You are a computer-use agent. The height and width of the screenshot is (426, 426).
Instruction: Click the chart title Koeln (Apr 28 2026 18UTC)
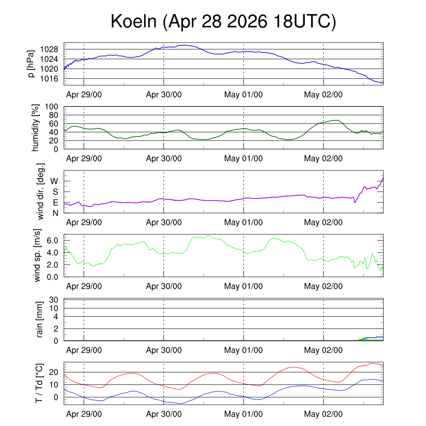tap(223, 22)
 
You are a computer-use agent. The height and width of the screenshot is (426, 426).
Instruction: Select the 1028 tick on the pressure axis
tap(49, 50)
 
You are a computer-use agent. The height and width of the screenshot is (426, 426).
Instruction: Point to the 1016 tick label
tap(49, 79)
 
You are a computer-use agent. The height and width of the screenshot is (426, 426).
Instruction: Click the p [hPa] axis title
tap(31, 64)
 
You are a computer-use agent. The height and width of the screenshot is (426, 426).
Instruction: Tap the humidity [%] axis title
tap(35, 128)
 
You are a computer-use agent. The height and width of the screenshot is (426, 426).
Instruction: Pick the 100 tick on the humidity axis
tap(51, 106)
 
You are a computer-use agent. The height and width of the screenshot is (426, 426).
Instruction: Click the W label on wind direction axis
tap(54, 181)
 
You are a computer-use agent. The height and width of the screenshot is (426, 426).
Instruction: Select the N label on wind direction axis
tap(55, 213)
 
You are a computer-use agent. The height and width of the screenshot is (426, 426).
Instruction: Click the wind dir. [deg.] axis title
tap(40, 191)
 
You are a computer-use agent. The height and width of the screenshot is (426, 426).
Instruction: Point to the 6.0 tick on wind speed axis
tap(52, 240)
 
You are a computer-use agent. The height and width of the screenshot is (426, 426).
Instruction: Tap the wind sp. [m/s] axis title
tap(37, 255)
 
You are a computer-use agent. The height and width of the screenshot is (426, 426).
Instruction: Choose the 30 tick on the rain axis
tap(54, 300)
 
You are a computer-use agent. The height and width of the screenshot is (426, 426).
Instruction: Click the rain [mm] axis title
tap(40, 319)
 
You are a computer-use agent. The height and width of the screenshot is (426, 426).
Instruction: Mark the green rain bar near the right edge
tap(371, 339)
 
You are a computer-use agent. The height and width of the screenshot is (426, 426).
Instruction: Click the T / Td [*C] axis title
tap(40, 383)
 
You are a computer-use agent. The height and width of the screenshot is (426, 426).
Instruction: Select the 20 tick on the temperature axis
tap(54, 372)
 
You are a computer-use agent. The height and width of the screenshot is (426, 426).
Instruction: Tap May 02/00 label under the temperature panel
tap(323, 414)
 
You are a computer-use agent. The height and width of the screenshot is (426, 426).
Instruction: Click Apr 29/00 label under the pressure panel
tap(84, 94)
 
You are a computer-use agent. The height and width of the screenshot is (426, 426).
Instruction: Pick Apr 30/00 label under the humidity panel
tap(164, 159)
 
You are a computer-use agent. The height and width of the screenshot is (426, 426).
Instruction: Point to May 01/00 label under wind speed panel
tap(243, 286)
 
